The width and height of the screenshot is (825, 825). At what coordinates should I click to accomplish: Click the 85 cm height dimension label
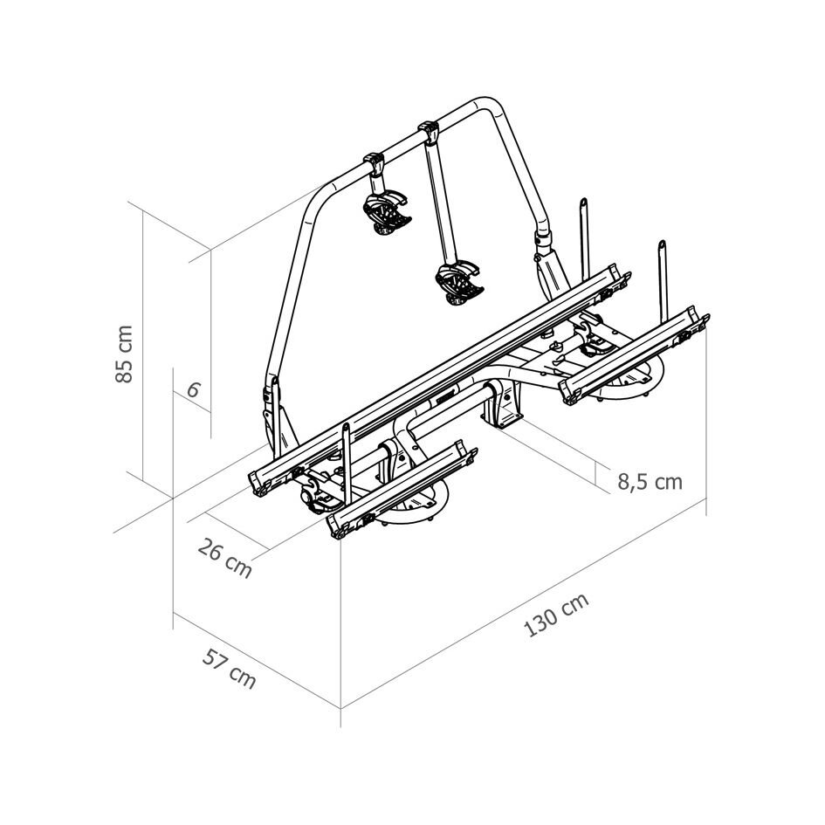pos(124,354)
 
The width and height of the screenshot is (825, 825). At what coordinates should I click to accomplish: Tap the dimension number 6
pos(193,390)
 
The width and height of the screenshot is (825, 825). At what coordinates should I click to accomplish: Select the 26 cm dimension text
pos(225,559)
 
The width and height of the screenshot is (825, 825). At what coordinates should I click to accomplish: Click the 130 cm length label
pos(556,615)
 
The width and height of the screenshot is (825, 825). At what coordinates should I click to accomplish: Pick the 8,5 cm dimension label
pos(650,481)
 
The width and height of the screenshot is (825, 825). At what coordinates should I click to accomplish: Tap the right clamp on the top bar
pos(428,133)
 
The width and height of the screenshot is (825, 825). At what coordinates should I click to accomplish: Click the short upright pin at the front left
pos(347,454)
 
